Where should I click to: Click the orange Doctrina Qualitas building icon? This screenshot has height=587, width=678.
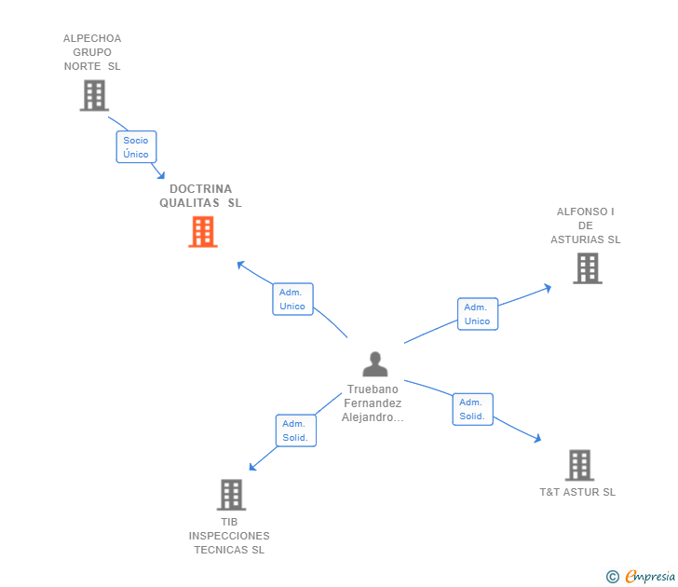coord(203,232)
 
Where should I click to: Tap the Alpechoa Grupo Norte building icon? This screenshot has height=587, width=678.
coord(94,95)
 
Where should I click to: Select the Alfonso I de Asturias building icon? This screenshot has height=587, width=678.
coord(587,268)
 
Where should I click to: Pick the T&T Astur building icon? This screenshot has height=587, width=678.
coord(579,465)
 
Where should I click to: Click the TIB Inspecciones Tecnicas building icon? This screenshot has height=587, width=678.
coord(231,495)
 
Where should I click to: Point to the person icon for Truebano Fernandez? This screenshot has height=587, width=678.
coord(374,364)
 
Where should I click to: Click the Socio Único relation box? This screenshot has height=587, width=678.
coord(136,147)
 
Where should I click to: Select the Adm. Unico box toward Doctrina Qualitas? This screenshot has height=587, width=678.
coord(292,299)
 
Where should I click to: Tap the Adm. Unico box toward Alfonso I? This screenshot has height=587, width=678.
coord(477,314)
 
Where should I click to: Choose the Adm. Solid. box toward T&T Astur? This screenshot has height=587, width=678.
coord(472,409)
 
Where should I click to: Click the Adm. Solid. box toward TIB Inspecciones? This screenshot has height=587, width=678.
coord(295,430)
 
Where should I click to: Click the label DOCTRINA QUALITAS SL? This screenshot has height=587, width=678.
coord(200,196)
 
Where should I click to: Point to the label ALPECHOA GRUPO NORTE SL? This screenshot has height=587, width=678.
coord(92,52)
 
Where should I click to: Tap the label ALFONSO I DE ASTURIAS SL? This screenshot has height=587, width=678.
coord(585,225)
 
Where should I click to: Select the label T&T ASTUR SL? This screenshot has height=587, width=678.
coord(577,492)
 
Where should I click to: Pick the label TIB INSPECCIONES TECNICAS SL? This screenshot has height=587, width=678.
coord(229,536)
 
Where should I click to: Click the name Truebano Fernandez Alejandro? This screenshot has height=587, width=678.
coord(373,403)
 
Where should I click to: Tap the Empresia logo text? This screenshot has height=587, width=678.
coord(649,577)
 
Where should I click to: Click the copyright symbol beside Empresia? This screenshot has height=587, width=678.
coord(613,577)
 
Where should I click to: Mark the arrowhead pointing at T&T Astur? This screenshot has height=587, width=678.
coord(537,438)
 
